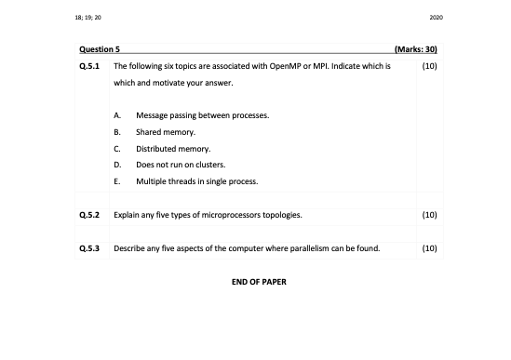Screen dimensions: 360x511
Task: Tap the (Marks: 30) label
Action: point(416,47)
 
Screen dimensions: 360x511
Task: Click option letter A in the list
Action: point(116,115)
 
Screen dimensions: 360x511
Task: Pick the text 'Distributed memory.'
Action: point(174,148)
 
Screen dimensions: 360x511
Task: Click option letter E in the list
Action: point(116,180)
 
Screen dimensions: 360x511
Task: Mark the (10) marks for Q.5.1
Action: point(429,67)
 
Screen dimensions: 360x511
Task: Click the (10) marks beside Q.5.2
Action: point(429,215)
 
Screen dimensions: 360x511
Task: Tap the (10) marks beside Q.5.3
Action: point(429,248)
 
